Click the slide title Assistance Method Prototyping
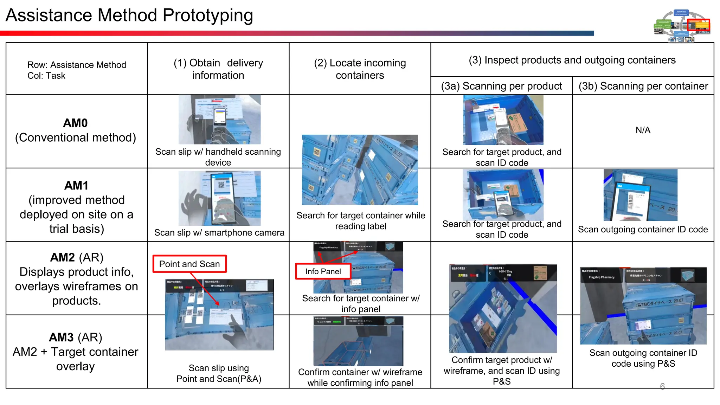click(x=129, y=15)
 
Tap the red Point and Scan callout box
click(x=189, y=264)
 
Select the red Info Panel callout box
click(x=323, y=271)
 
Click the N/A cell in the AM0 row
click(x=643, y=130)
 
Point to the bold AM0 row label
click(x=75, y=123)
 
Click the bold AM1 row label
click(x=76, y=186)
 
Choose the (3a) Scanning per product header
click(x=501, y=86)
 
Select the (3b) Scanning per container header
click(x=643, y=86)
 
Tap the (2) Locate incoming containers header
click(x=360, y=69)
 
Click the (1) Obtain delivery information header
click(x=218, y=69)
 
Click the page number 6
click(x=662, y=386)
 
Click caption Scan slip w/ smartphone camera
click(x=219, y=233)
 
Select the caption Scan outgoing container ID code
click(x=643, y=230)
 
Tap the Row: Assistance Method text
click(x=77, y=65)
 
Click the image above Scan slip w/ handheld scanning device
click(x=219, y=120)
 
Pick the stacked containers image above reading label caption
click(x=360, y=170)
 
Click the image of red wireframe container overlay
click(x=358, y=341)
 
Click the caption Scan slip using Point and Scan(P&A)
click(x=219, y=373)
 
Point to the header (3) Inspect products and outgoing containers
click(x=572, y=60)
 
